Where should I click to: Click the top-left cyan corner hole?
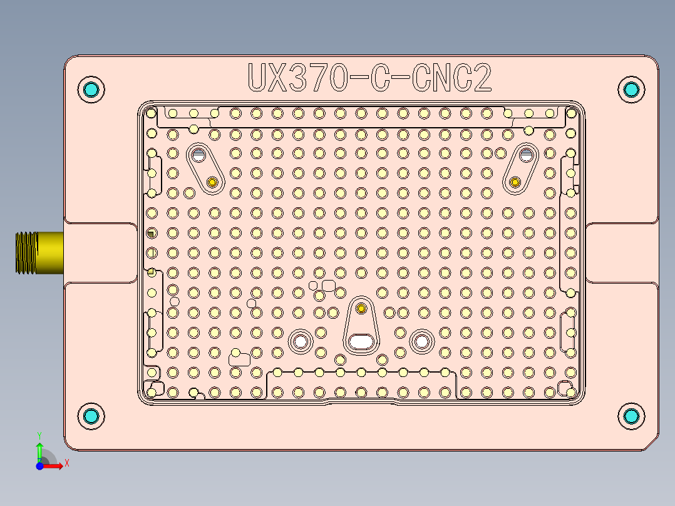point(91,89)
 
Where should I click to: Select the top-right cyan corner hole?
point(631,89)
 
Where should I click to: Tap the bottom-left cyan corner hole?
point(91,416)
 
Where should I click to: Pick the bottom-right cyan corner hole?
point(631,416)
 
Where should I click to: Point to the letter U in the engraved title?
point(257,78)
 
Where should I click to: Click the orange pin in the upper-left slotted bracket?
point(212,182)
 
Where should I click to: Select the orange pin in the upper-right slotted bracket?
point(515,182)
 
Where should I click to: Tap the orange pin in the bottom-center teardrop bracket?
point(361,308)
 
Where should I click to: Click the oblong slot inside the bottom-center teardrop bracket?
point(361,341)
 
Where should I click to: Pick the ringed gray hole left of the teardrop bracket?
point(301,341)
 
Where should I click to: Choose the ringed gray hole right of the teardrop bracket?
point(421,341)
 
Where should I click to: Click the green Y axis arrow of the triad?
point(39,448)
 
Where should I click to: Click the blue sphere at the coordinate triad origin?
point(39,466)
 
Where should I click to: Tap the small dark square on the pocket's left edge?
point(151,233)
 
